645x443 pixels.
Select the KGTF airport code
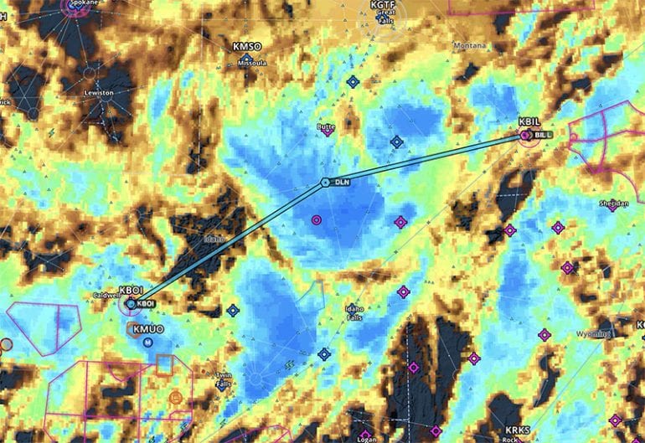383,4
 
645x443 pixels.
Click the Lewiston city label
98,93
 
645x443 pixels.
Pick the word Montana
468,45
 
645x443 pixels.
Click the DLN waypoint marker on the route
325,183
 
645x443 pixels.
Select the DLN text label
341,182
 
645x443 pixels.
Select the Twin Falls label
222,379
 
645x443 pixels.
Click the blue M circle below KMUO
148,343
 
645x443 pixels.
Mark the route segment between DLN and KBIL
427,156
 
